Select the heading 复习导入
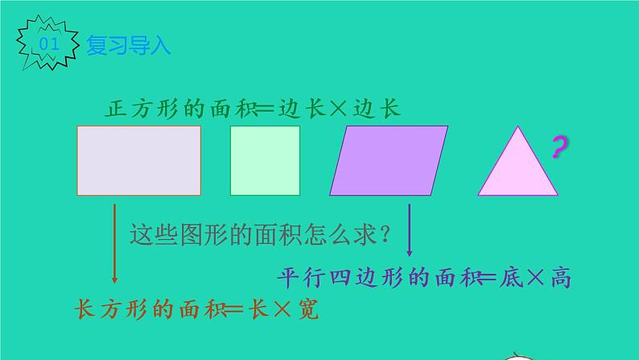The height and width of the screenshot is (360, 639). point(129,45)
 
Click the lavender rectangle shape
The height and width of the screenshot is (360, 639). point(138,160)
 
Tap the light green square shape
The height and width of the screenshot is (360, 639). point(265,160)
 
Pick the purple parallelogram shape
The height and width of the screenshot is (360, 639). point(389,160)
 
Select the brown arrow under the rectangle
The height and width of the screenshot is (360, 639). point(114,242)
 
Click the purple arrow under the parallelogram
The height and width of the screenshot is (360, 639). point(410,230)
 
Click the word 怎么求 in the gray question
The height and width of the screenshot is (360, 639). point(332,235)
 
